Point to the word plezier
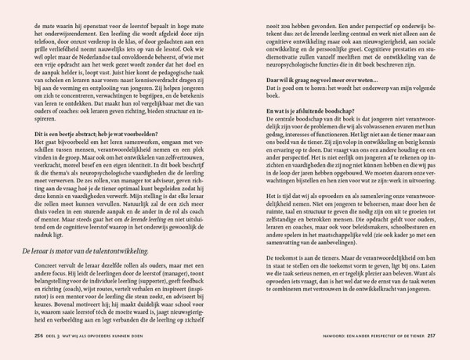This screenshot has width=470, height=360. click(389, 319)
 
